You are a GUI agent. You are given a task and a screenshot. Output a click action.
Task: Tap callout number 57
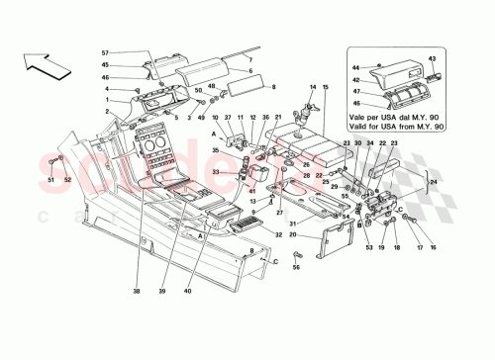pyautogui.click(x=106, y=53)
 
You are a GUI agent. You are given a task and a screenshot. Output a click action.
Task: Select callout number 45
pyautogui.click(x=106, y=64)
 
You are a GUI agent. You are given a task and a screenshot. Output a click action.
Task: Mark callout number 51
pyautogui.click(x=51, y=180)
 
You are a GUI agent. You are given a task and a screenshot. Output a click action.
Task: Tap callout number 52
pyautogui.click(x=67, y=180)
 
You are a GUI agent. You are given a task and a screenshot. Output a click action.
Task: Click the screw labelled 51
pyautogui.click(x=50, y=162)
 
